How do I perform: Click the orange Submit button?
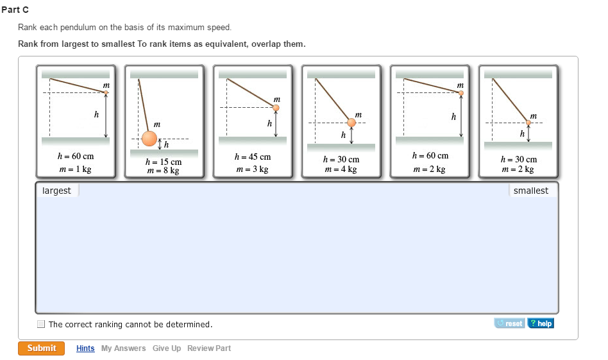tap(42, 348)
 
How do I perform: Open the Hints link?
tap(85, 348)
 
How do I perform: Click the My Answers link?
tap(123, 348)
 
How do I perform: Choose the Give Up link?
tap(166, 348)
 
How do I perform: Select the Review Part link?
tap(209, 348)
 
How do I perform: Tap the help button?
tap(540, 323)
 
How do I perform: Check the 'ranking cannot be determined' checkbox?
tap(41, 325)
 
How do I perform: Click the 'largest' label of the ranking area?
tap(56, 191)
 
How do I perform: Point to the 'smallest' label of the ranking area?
tap(530, 191)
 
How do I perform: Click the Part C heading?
tap(15, 10)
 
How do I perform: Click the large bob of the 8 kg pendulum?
tap(149, 138)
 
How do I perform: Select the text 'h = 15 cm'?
tap(164, 162)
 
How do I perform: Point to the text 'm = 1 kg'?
tap(75, 169)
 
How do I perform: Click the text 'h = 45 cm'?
tap(253, 157)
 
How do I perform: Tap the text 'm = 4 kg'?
tap(341, 169)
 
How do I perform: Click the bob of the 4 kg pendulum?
tap(351, 123)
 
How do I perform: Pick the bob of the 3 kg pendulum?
tap(276, 108)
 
